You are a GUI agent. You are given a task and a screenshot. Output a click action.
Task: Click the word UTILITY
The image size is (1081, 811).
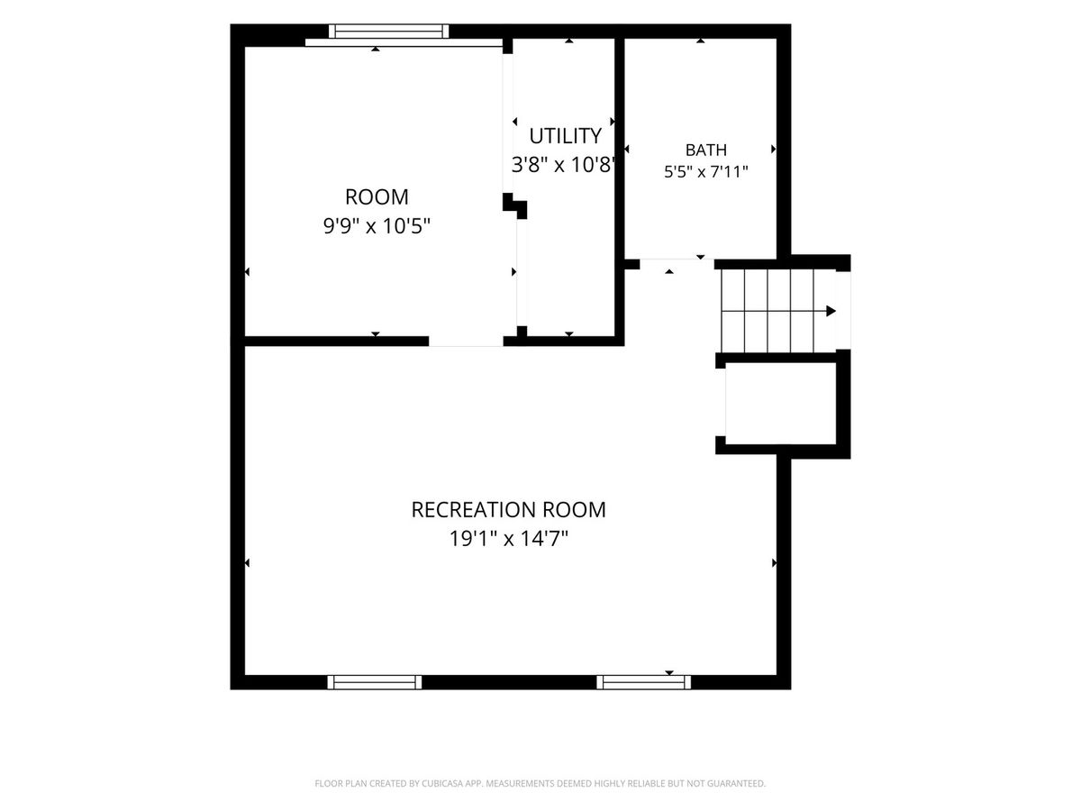point(565,136)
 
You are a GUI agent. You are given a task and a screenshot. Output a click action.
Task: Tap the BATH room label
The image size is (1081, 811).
point(705,150)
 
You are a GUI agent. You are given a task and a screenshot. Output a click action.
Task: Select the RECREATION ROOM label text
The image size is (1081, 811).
point(508,510)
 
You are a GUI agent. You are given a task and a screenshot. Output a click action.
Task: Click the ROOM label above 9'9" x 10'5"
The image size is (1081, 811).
point(377,197)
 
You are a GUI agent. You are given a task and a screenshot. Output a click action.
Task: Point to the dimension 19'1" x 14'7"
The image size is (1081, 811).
point(508,539)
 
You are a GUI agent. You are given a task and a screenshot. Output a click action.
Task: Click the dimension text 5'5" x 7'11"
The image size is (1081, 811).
point(705,172)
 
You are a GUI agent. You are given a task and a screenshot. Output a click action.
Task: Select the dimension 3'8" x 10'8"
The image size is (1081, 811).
point(564,165)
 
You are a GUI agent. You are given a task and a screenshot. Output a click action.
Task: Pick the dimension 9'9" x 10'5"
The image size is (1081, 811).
point(377,226)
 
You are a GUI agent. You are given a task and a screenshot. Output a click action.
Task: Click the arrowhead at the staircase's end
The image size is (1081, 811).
point(831,311)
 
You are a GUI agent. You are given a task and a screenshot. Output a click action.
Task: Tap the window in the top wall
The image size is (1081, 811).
point(388,31)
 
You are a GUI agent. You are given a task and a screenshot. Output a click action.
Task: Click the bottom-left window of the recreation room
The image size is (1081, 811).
point(374,682)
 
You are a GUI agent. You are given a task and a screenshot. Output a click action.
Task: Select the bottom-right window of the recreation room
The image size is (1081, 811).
point(643,682)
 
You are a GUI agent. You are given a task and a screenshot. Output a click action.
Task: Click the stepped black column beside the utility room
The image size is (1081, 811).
point(515,205)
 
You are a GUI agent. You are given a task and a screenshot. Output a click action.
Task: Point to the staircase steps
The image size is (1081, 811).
point(778,311)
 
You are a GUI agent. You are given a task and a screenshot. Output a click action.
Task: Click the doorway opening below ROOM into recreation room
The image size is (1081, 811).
point(466,342)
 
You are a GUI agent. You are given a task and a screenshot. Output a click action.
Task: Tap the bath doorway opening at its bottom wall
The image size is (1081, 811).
point(677,264)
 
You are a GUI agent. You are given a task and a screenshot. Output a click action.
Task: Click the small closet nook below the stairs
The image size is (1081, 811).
point(781,404)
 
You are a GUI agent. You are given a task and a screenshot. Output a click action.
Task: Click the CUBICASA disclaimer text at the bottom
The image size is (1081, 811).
point(540,783)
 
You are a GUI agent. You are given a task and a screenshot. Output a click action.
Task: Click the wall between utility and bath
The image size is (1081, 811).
point(620,148)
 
